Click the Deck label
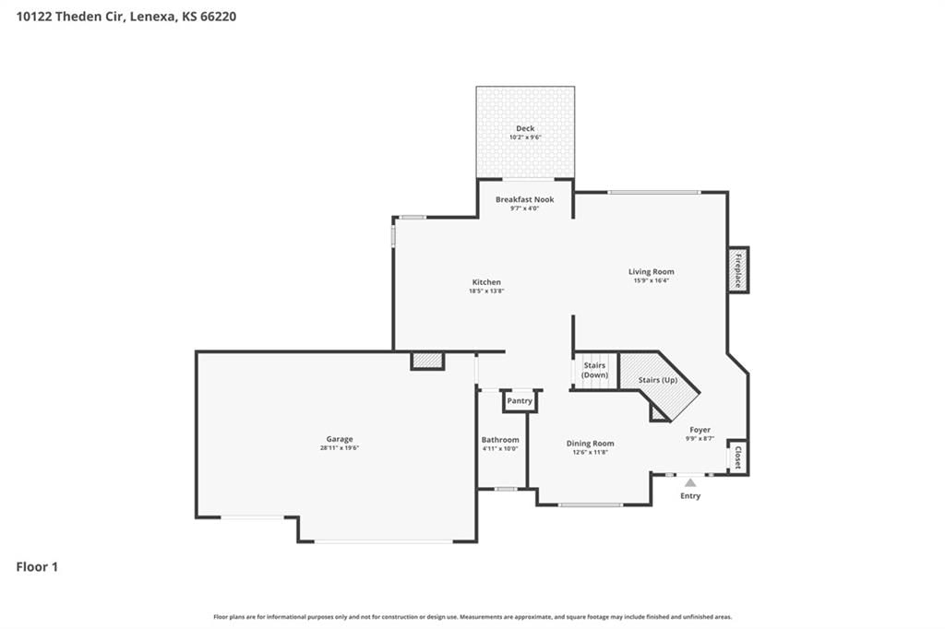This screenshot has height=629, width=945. [x=525, y=128]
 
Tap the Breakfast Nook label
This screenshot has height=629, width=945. [x=524, y=199]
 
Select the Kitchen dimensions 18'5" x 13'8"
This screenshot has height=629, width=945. [x=486, y=291]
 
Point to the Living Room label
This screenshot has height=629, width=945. [x=651, y=272]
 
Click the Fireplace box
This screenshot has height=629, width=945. [x=738, y=270]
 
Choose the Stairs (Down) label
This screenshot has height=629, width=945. [x=594, y=370]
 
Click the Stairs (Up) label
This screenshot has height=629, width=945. [x=657, y=380]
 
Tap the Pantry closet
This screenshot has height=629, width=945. [x=520, y=401]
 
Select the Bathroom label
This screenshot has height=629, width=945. [x=500, y=440]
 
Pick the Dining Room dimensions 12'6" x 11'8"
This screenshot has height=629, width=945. [x=590, y=452]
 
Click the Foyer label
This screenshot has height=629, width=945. [x=700, y=430]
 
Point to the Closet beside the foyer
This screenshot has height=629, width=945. [x=737, y=457]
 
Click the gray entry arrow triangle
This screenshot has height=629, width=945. [x=690, y=482]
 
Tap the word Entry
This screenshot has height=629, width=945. [x=690, y=496]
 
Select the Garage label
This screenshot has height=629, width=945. [x=340, y=439]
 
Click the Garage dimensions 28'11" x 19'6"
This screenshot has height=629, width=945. [x=340, y=447]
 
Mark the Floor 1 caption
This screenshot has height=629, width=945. [x=37, y=567]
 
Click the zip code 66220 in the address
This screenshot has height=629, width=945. [x=218, y=17]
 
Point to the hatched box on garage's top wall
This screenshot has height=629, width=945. [x=427, y=361]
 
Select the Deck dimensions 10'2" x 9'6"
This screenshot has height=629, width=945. [x=525, y=137]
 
